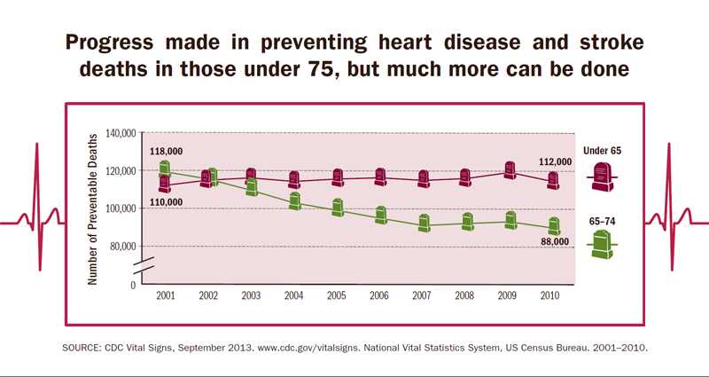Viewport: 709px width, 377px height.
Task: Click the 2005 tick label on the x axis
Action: pos(337,295)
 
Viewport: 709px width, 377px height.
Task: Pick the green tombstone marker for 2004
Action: pos(295,201)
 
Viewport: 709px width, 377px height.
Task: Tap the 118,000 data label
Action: pos(166,152)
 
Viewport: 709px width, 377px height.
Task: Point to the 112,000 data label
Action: pos(555,162)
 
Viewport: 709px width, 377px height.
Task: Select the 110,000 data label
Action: pos(166,202)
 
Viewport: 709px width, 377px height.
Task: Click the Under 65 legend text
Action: pos(602,151)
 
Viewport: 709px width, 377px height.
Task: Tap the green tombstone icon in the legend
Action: pos(602,244)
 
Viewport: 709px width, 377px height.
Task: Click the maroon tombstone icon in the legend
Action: pos(602,177)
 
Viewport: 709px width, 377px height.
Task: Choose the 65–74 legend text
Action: pos(602,218)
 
